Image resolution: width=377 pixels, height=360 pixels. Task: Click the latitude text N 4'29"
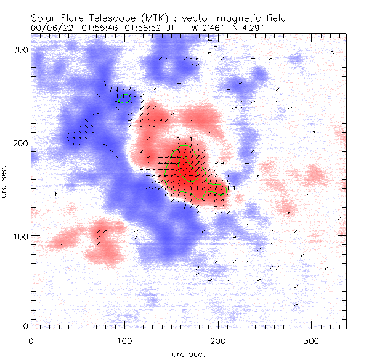point(248,28)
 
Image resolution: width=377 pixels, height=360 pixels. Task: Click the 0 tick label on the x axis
point(31,340)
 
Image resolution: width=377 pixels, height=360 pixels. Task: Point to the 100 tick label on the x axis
point(124,340)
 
